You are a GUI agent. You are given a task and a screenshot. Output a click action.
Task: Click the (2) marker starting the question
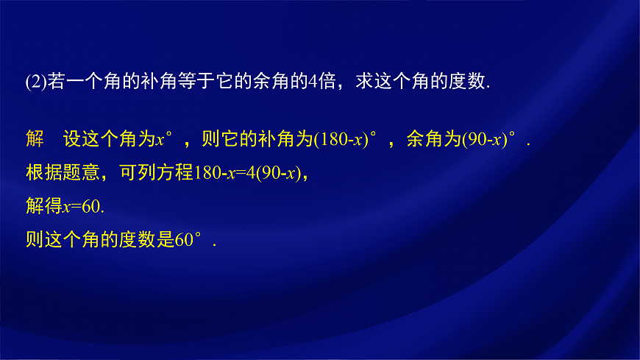(x=35, y=82)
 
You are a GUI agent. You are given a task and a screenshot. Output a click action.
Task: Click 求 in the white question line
(x=364, y=82)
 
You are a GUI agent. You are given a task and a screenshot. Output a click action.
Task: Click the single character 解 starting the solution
(x=35, y=140)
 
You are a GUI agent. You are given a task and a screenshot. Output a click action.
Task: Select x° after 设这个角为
(x=165, y=140)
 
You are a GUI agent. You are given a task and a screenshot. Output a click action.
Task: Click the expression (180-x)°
(x=345, y=140)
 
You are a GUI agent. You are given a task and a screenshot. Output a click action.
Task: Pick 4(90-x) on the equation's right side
(x=273, y=174)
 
